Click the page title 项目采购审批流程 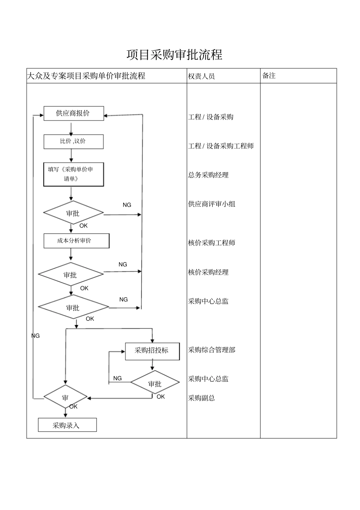(x=174, y=55)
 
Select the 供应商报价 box (x=74, y=113)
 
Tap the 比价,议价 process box (x=74, y=141)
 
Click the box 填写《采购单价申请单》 (x=74, y=174)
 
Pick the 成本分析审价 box (x=76, y=241)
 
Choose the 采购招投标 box (x=152, y=351)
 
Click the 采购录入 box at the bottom (x=67, y=425)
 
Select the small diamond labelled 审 (x=66, y=398)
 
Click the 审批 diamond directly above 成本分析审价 (x=73, y=213)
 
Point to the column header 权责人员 (x=201, y=76)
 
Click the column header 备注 (x=269, y=76)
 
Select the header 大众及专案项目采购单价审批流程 (x=86, y=76)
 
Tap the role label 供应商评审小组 (x=212, y=204)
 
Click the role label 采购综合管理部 (x=212, y=350)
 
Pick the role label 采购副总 (x=202, y=398)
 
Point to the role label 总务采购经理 (x=208, y=175)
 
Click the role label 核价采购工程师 (x=212, y=243)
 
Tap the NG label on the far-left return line (x=35, y=336)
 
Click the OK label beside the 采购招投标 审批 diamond (x=161, y=397)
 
